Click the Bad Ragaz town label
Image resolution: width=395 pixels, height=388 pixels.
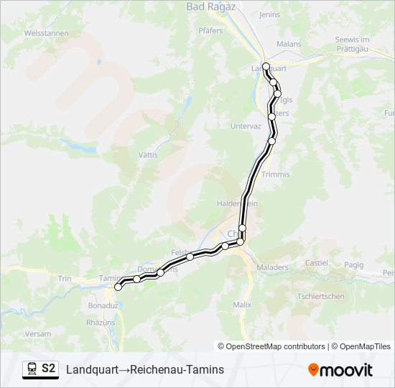(x=206, y=6)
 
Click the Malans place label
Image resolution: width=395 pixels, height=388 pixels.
(x=289, y=44)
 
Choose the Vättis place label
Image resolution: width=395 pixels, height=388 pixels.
(x=148, y=154)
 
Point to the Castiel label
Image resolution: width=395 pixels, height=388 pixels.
(x=317, y=263)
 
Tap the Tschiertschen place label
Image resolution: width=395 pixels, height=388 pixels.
(x=321, y=296)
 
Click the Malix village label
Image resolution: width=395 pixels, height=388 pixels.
(x=242, y=305)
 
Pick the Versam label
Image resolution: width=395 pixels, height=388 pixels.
(x=37, y=334)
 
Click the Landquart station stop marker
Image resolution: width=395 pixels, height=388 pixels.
(x=266, y=67)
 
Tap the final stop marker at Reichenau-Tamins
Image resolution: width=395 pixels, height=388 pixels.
(x=118, y=287)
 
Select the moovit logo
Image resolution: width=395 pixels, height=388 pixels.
(x=340, y=370)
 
